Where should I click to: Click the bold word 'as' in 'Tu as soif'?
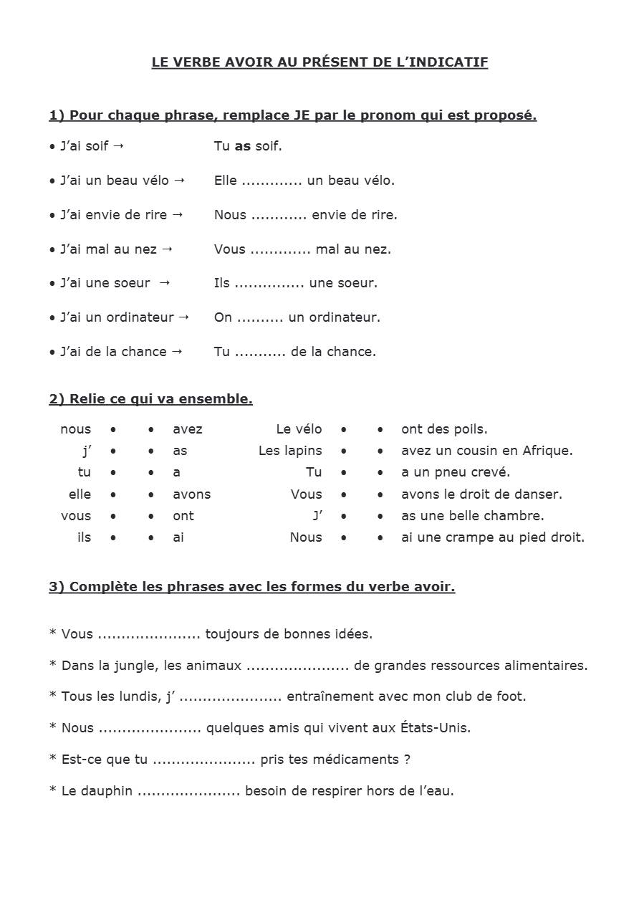coord(243,146)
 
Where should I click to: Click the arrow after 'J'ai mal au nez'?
coord(167,249)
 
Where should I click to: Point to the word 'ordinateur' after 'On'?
coord(334,317)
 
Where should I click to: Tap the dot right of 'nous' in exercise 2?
coord(113,430)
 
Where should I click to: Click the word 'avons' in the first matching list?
coord(191,494)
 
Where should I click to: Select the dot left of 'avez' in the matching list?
coord(151,430)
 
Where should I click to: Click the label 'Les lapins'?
coord(290,451)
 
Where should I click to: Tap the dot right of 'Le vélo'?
coord(344,430)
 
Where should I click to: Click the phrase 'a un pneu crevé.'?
coord(456,472)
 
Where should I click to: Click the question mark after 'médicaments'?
coord(407,760)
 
